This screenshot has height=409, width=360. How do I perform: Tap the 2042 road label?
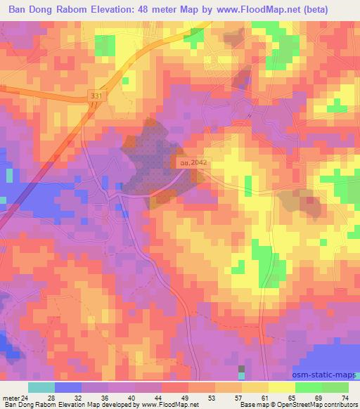tap(190, 162)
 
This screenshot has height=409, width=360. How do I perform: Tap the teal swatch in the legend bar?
tap(41, 387)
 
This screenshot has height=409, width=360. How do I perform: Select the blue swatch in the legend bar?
tap(68, 387)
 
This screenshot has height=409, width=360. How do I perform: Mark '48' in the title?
tap(172, 10)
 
